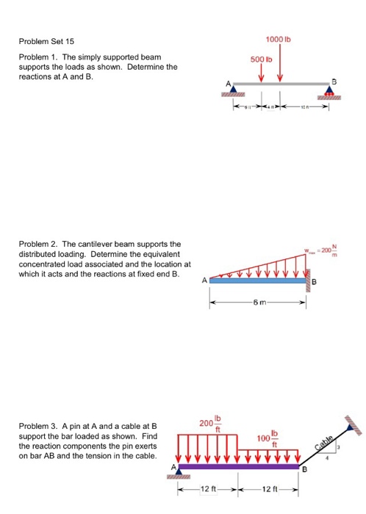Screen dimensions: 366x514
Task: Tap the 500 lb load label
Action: [260, 57]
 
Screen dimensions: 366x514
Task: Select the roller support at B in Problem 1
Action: [330, 92]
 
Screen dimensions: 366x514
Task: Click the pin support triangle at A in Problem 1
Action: [234, 90]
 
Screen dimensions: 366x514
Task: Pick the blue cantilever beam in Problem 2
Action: [258, 280]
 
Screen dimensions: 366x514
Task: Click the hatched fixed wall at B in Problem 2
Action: [309, 280]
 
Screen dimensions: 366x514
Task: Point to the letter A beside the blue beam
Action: [204, 280]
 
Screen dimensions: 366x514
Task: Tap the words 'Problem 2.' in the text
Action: [39, 243]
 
